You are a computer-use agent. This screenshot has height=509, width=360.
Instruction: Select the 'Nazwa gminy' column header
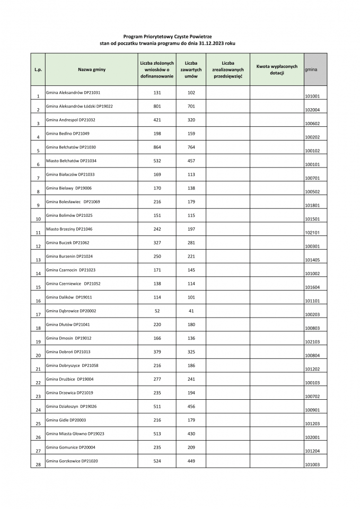(x=92, y=69)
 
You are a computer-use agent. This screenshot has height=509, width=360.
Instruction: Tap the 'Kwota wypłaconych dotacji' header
(x=277, y=69)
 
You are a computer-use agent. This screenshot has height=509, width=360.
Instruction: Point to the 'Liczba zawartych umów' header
(x=191, y=69)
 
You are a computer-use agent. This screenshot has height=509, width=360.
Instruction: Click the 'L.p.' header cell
(x=38, y=69)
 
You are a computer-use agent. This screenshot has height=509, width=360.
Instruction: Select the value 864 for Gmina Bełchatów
(x=157, y=147)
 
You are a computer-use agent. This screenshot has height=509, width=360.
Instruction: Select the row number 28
(x=38, y=464)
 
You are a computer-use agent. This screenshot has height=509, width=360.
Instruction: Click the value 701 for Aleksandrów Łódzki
(x=191, y=106)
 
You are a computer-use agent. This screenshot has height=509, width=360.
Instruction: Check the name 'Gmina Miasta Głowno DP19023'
(x=75, y=434)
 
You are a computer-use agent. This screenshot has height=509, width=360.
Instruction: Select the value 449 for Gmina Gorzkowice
(x=191, y=461)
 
